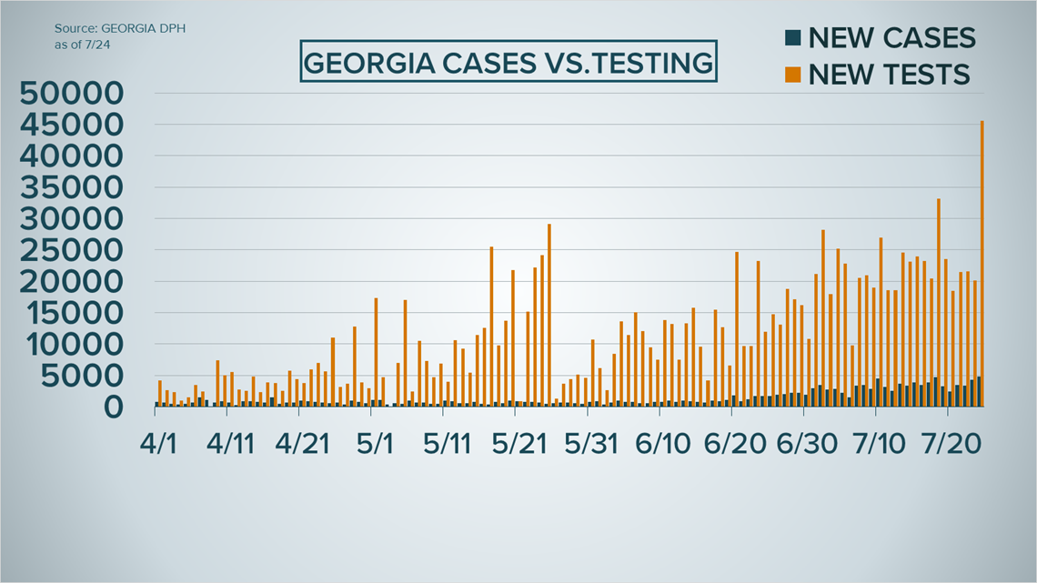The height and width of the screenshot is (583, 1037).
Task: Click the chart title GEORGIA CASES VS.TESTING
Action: (x=508, y=63)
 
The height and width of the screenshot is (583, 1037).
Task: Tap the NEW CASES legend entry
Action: (x=891, y=38)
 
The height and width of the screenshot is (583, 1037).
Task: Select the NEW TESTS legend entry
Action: (x=889, y=75)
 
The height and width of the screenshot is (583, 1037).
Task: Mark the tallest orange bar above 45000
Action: (x=982, y=264)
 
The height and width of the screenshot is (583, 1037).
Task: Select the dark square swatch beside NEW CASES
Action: (x=792, y=38)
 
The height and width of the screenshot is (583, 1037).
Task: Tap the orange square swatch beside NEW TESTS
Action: (x=792, y=75)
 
